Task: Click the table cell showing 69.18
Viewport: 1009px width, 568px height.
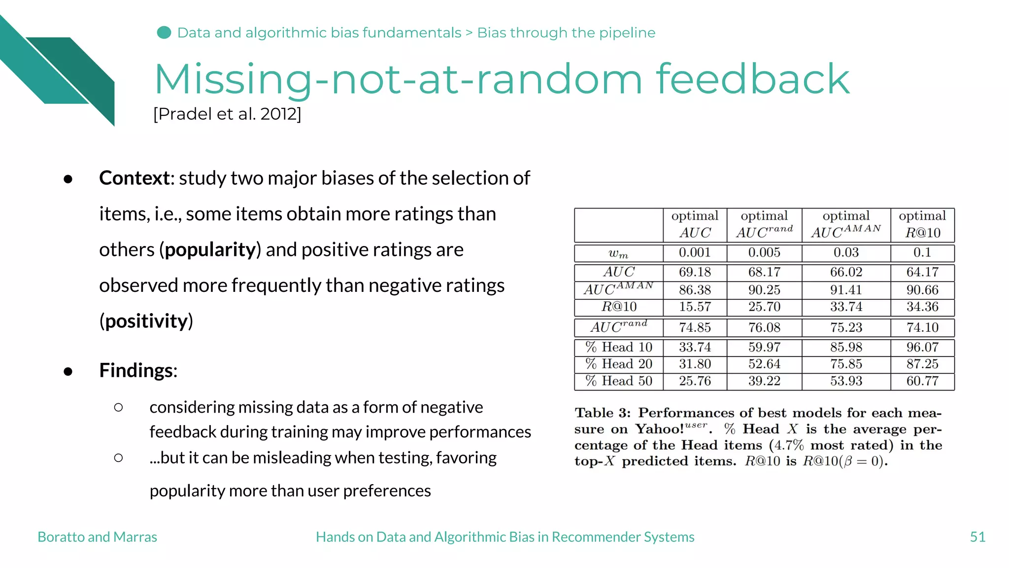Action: pos(695,272)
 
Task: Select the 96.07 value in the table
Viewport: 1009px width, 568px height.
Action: pos(922,348)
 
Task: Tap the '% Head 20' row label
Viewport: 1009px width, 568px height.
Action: pos(619,364)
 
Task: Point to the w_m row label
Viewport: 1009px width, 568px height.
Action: pos(618,253)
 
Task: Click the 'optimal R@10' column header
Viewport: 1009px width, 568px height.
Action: pos(922,224)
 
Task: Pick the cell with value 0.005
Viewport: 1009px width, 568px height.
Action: pos(764,253)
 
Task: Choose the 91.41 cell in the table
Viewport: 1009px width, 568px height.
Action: pos(846,290)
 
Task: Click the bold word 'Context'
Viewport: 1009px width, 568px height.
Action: pos(134,178)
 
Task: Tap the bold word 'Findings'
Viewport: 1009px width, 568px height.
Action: pos(137,370)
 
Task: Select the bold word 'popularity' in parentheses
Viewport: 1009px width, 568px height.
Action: pos(210,250)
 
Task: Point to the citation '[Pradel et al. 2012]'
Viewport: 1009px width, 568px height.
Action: pos(227,114)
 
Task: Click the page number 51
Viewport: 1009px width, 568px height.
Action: pos(977,537)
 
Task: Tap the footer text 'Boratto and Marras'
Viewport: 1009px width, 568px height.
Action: pos(97,537)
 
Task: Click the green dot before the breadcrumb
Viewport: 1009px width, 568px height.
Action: pos(164,33)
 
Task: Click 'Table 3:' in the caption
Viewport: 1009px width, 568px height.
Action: pos(602,413)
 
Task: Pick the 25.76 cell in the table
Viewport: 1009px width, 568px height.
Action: pos(695,381)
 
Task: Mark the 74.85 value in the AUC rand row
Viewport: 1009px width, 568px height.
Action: pos(695,328)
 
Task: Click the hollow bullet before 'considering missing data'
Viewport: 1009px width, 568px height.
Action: pos(118,407)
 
